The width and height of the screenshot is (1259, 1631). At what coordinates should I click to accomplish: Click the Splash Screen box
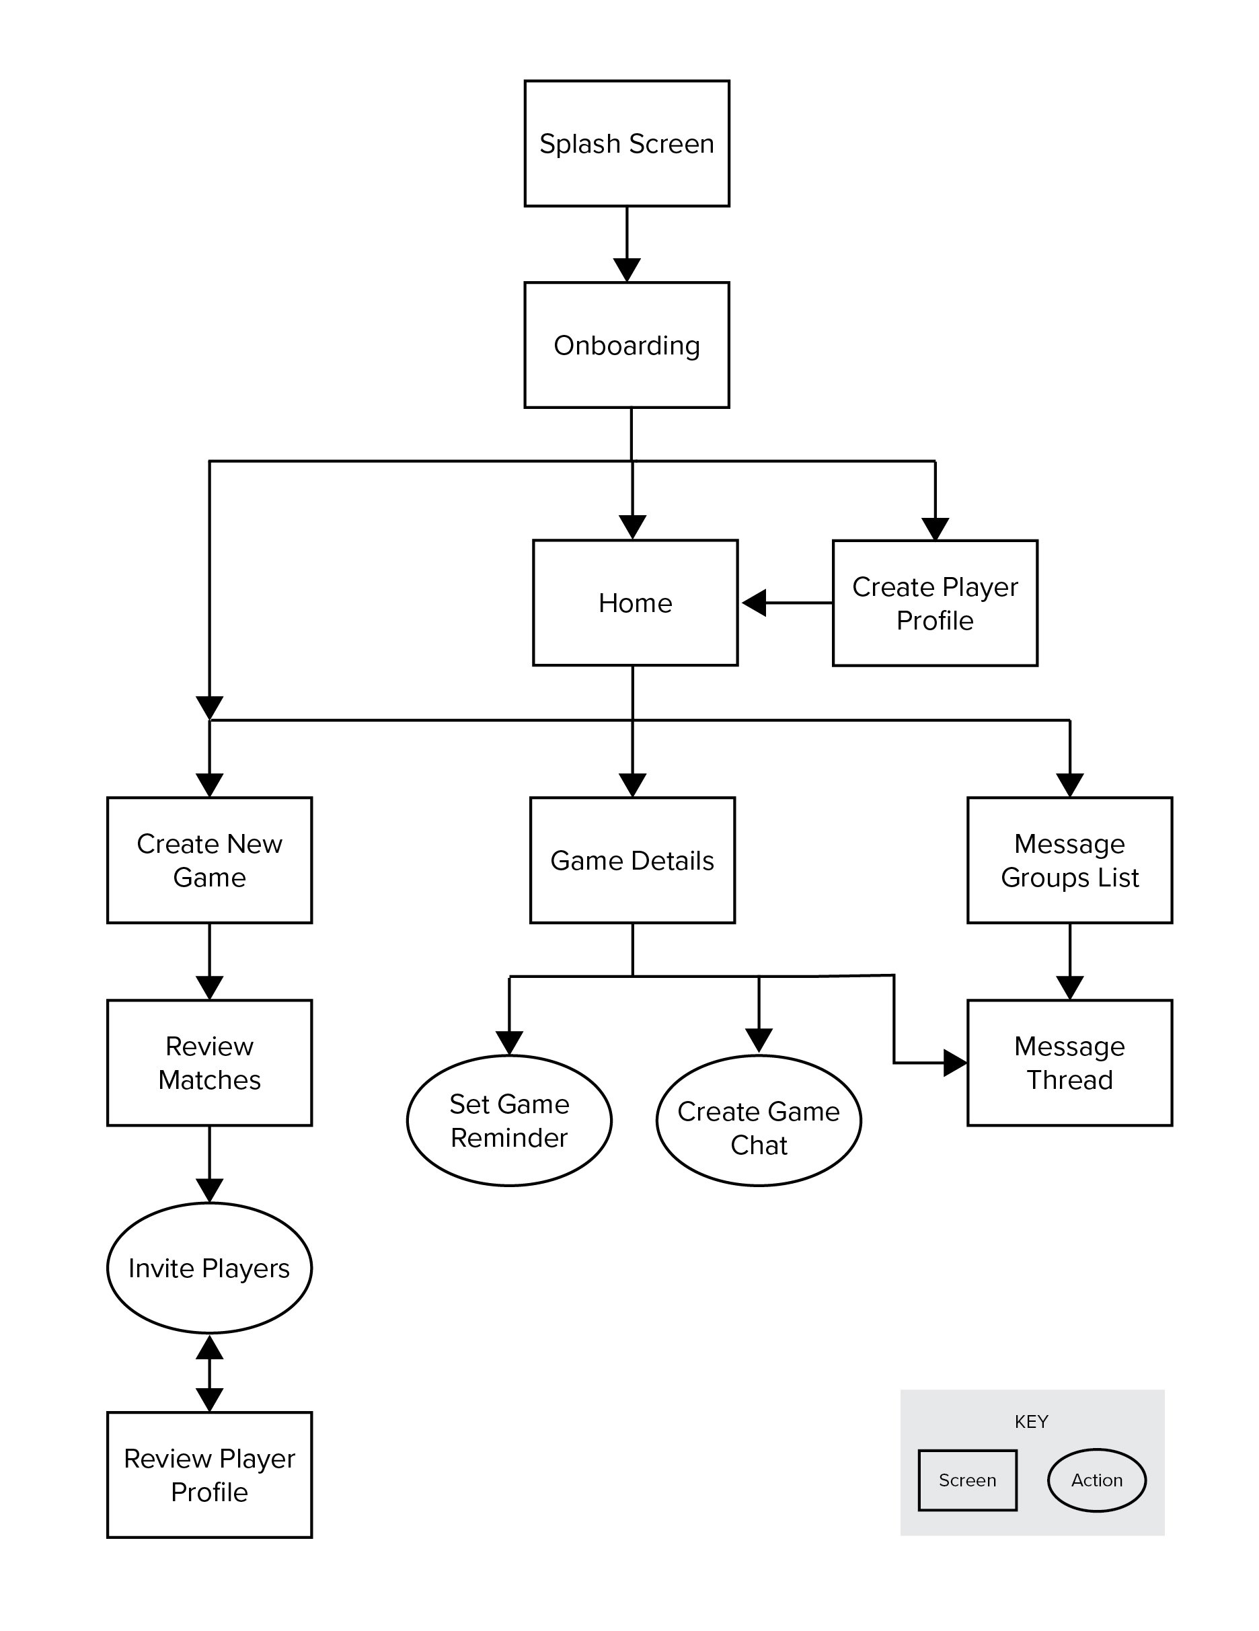[x=627, y=143]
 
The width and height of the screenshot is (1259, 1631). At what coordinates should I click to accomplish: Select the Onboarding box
[x=627, y=345]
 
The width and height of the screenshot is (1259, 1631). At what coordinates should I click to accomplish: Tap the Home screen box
[x=635, y=603]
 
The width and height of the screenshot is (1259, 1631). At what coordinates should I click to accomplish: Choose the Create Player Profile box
[x=935, y=603]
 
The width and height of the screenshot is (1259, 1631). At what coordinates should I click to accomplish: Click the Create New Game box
[x=209, y=860]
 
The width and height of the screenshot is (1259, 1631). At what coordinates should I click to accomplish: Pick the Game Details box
[x=632, y=860]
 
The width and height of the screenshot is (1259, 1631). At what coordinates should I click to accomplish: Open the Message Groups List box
[x=1069, y=860]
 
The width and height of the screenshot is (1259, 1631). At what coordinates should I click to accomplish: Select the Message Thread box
[x=1069, y=1063]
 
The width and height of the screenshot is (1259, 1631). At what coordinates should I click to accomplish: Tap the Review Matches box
[x=209, y=1063]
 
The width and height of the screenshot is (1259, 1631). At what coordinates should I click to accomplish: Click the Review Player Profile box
[x=209, y=1475]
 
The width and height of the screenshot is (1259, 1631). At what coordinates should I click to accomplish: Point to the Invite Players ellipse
[x=209, y=1268]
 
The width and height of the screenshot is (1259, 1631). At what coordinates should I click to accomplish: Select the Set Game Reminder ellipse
[x=509, y=1121]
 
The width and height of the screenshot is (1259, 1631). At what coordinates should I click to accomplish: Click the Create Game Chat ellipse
[x=759, y=1121]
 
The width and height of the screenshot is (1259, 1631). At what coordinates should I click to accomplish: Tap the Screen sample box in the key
[x=967, y=1480]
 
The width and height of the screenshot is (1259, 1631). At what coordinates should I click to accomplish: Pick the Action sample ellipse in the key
[x=1096, y=1480]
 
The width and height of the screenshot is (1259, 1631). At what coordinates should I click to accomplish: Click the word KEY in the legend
[x=1031, y=1421]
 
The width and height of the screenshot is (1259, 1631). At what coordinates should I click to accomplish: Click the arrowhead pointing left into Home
[x=754, y=603]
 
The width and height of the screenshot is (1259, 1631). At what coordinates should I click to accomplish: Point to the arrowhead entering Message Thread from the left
[x=955, y=1063]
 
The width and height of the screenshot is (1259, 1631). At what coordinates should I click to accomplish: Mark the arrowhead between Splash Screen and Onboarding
[x=627, y=270]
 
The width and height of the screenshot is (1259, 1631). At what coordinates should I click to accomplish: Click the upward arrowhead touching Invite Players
[x=209, y=1346]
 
